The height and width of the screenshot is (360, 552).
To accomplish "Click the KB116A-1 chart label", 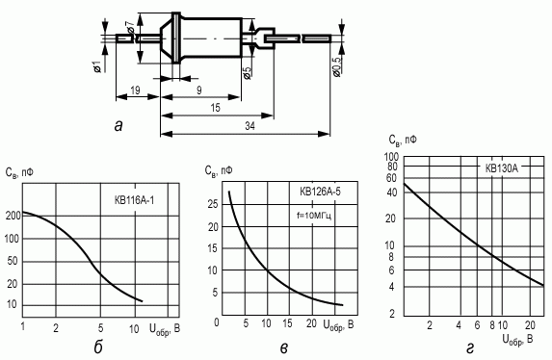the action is coord(134,200).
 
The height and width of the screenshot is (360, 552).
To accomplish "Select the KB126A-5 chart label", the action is coord(320,192).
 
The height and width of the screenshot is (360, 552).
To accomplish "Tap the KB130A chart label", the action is coord(502,168).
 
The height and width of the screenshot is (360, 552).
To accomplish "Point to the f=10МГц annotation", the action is coord(314,215).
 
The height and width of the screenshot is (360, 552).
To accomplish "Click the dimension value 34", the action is coord(250,126).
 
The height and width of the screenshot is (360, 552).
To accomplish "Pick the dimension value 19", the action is coord(135,90).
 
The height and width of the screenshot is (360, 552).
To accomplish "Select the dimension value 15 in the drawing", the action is coord(215,108).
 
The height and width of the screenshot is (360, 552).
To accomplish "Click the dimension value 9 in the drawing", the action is coord(199,90).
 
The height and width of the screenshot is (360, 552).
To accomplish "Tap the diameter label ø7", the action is coord(130,27).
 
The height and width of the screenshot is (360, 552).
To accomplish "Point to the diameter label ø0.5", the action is coord(336,66).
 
